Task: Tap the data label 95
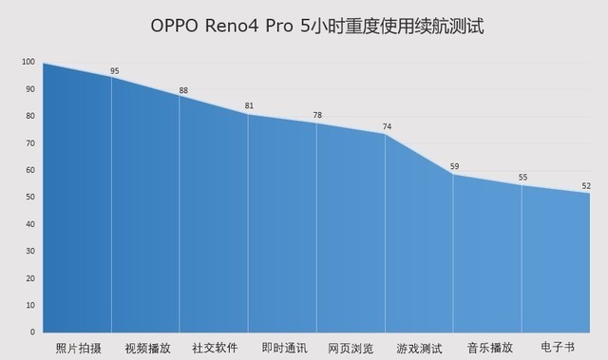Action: click(115, 70)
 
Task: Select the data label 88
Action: click(183, 90)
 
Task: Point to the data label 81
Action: click(249, 105)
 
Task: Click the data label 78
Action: click(317, 116)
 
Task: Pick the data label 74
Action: click(387, 126)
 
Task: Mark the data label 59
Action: click(454, 166)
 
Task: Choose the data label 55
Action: click(522, 177)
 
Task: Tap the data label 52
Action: click(587, 185)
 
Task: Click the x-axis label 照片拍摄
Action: click(79, 347)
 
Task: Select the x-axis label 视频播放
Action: click(147, 347)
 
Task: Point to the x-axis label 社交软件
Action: click(215, 347)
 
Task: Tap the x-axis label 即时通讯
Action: click(283, 347)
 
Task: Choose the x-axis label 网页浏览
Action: click(351, 347)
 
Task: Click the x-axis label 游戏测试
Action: click(420, 347)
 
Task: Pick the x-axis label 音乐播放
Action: click(488, 347)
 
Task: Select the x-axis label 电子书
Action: click(556, 347)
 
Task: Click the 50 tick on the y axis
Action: click(30, 197)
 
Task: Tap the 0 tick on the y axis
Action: click(32, 332)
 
